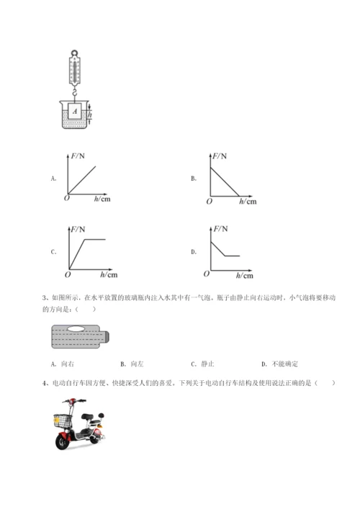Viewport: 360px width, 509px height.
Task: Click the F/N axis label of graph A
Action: [77, 156]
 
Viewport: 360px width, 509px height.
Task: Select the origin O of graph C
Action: [67, 274]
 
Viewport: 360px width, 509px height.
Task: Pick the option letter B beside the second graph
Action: [193, 177]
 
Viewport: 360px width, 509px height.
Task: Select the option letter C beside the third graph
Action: [53, 252]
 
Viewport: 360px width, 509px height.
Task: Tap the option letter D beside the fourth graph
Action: [193, 252]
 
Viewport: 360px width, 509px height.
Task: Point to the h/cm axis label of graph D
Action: [245, 275]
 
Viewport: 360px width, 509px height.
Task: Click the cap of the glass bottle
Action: [107, 337]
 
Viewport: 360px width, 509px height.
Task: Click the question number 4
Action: [46, 384]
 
